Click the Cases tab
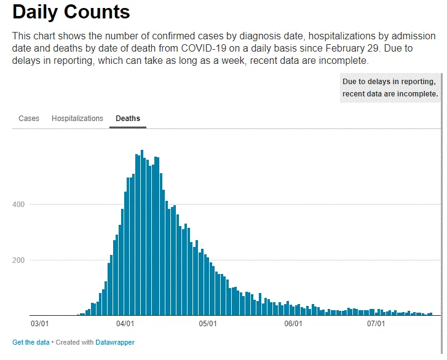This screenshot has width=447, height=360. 29,118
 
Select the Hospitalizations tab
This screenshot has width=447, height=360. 77,118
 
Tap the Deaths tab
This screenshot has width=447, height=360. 128,118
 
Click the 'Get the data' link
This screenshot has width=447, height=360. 31,342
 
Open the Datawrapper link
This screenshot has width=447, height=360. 115,342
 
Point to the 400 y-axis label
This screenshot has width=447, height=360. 18,204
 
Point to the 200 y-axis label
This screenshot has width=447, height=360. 18,260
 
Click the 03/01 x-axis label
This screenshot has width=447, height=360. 39,324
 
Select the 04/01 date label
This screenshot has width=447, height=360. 125,324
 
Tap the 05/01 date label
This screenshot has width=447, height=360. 208,324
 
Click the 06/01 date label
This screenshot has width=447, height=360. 293,324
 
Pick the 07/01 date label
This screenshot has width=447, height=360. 376,324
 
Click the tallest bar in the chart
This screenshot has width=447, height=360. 142,233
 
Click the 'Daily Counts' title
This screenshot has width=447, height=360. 71,12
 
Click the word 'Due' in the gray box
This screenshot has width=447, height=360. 349,82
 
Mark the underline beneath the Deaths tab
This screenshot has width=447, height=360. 128,127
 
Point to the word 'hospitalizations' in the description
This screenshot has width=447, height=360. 342,36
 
